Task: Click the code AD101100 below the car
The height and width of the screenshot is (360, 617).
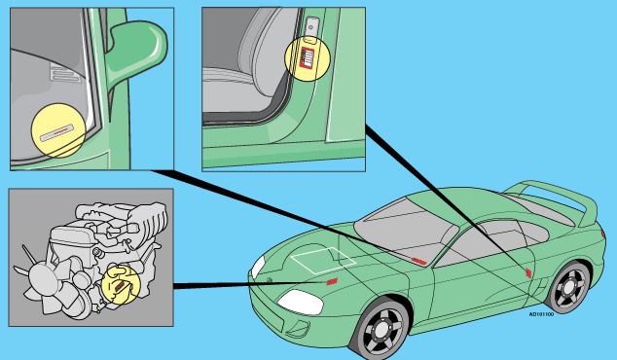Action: [x=541, y=314]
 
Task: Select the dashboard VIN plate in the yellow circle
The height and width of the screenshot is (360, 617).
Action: [x=56, y=133]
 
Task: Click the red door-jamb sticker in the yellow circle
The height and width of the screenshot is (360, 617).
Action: [x=307, y=57]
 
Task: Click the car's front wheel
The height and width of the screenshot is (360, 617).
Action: [x=381, y=329]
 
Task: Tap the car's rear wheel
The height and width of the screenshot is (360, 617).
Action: [x=568, y=287]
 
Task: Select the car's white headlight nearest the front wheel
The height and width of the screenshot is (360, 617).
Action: [x=301, y=303]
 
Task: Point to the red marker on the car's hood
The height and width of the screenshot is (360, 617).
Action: [x=332, y=281]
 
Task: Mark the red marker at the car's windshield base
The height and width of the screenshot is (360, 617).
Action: [x=418, y=262]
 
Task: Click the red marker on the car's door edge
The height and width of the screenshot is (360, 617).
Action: [x=528, y=272]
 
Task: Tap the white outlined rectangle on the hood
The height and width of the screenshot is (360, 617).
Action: [x=323, y=260]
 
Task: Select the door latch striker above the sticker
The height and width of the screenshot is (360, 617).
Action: [x=310, y=26]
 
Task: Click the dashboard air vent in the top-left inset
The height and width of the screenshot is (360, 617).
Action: [x=65, y=74]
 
